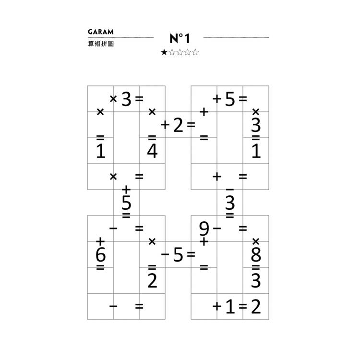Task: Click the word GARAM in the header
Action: (x=101, y=32)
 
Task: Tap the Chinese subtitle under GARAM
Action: (x=101, y=44)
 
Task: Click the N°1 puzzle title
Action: (x=180, y=38)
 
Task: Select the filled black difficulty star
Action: (x=164, y=52)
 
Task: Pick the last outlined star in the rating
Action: (x=195, y=52)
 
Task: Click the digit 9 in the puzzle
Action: (x=204, y=228)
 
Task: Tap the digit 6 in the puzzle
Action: (x=101, y=254)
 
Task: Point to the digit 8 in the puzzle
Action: (x=256, y=254)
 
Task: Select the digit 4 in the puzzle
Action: (x=153, y=151)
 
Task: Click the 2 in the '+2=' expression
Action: (x=178, y=125)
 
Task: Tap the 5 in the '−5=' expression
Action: (x=178, y=254)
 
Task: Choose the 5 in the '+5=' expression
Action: (x=230, y=99)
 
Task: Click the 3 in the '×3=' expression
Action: (x=126, y=99)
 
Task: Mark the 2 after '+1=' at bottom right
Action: (x=256, y=307)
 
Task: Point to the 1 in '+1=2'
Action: (x=230, y=307)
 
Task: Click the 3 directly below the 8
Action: (x=256, y=281)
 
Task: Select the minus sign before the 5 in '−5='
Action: (x=165, y=254)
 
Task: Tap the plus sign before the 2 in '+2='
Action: (x=165, y=125)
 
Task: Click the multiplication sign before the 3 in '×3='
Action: (x=113, y=99)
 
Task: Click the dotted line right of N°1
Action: (x=236, y=37)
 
